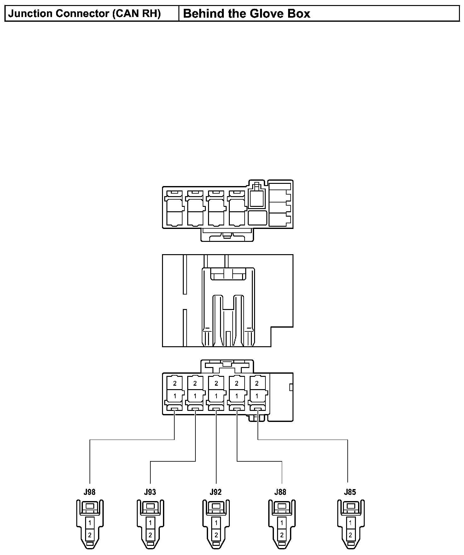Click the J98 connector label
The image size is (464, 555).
[x=90, y=492]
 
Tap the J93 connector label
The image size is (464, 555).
[x=150, y=492]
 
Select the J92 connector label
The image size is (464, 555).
[x=216, y=492]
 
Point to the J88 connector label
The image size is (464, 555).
[x=280, y=492]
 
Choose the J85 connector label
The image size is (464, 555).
[x=350, y=492]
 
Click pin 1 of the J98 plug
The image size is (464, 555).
[x=90, y=523]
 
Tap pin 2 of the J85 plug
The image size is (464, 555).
[x=351, y=535]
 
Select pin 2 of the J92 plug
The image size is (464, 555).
[x=216, y=535]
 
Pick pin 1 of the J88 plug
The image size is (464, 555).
[x=282, y=523]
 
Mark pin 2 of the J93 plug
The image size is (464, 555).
[x=150, y=535]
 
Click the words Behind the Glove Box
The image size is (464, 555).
[x=246, y=14]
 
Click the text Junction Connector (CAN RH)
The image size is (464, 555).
[x=84, y=14]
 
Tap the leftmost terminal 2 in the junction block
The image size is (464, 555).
[x=175, y=383]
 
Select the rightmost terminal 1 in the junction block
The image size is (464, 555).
[x=257, y=396]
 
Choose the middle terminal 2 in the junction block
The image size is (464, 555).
[x=216, y=383]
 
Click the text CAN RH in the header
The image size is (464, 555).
[x=136, y=14]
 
